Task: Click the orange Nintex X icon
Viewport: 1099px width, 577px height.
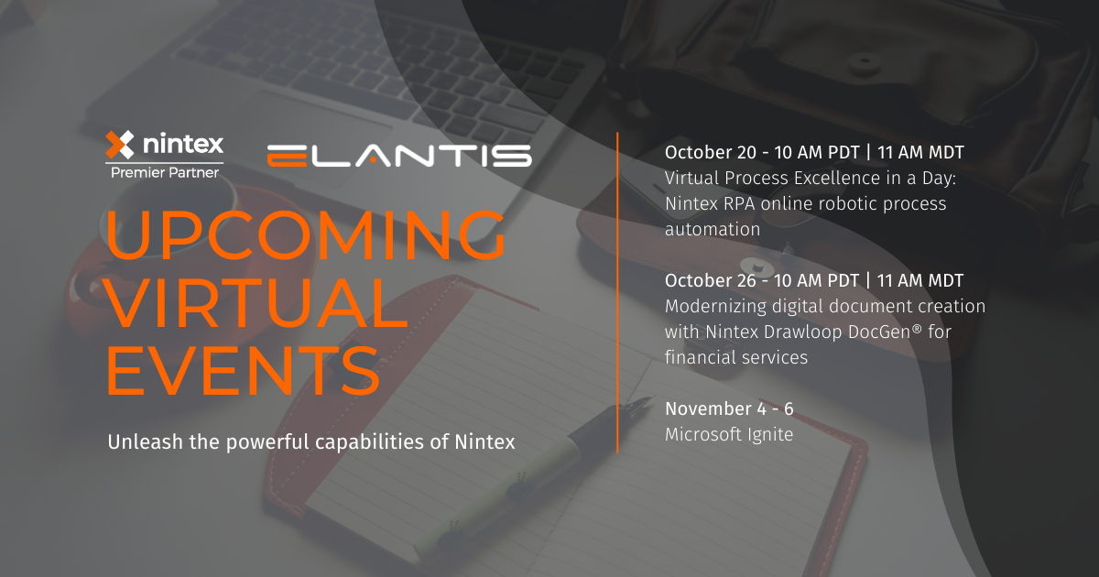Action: pyautogui.click(x=120, y=145)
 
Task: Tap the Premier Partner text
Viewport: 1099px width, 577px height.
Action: pyautogui.click(x=165, y=172)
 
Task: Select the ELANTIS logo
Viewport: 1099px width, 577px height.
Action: pyautogui.click(x=399, y=155)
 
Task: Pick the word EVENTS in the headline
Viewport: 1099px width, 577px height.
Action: pyautogui.click(x=244, y=370)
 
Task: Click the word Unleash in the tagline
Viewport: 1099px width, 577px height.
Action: pyautogui.click(x=141, y=441)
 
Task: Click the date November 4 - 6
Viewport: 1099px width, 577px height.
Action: pyautogui.click(x=729, y=408)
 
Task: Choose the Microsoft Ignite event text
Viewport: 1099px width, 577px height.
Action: pyautogui.click(x=729, y=434)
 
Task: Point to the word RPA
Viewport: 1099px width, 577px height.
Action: pyautogui.click(x=744, y=203)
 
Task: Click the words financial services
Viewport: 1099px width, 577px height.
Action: pyautogui.click(x=736, y=357)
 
